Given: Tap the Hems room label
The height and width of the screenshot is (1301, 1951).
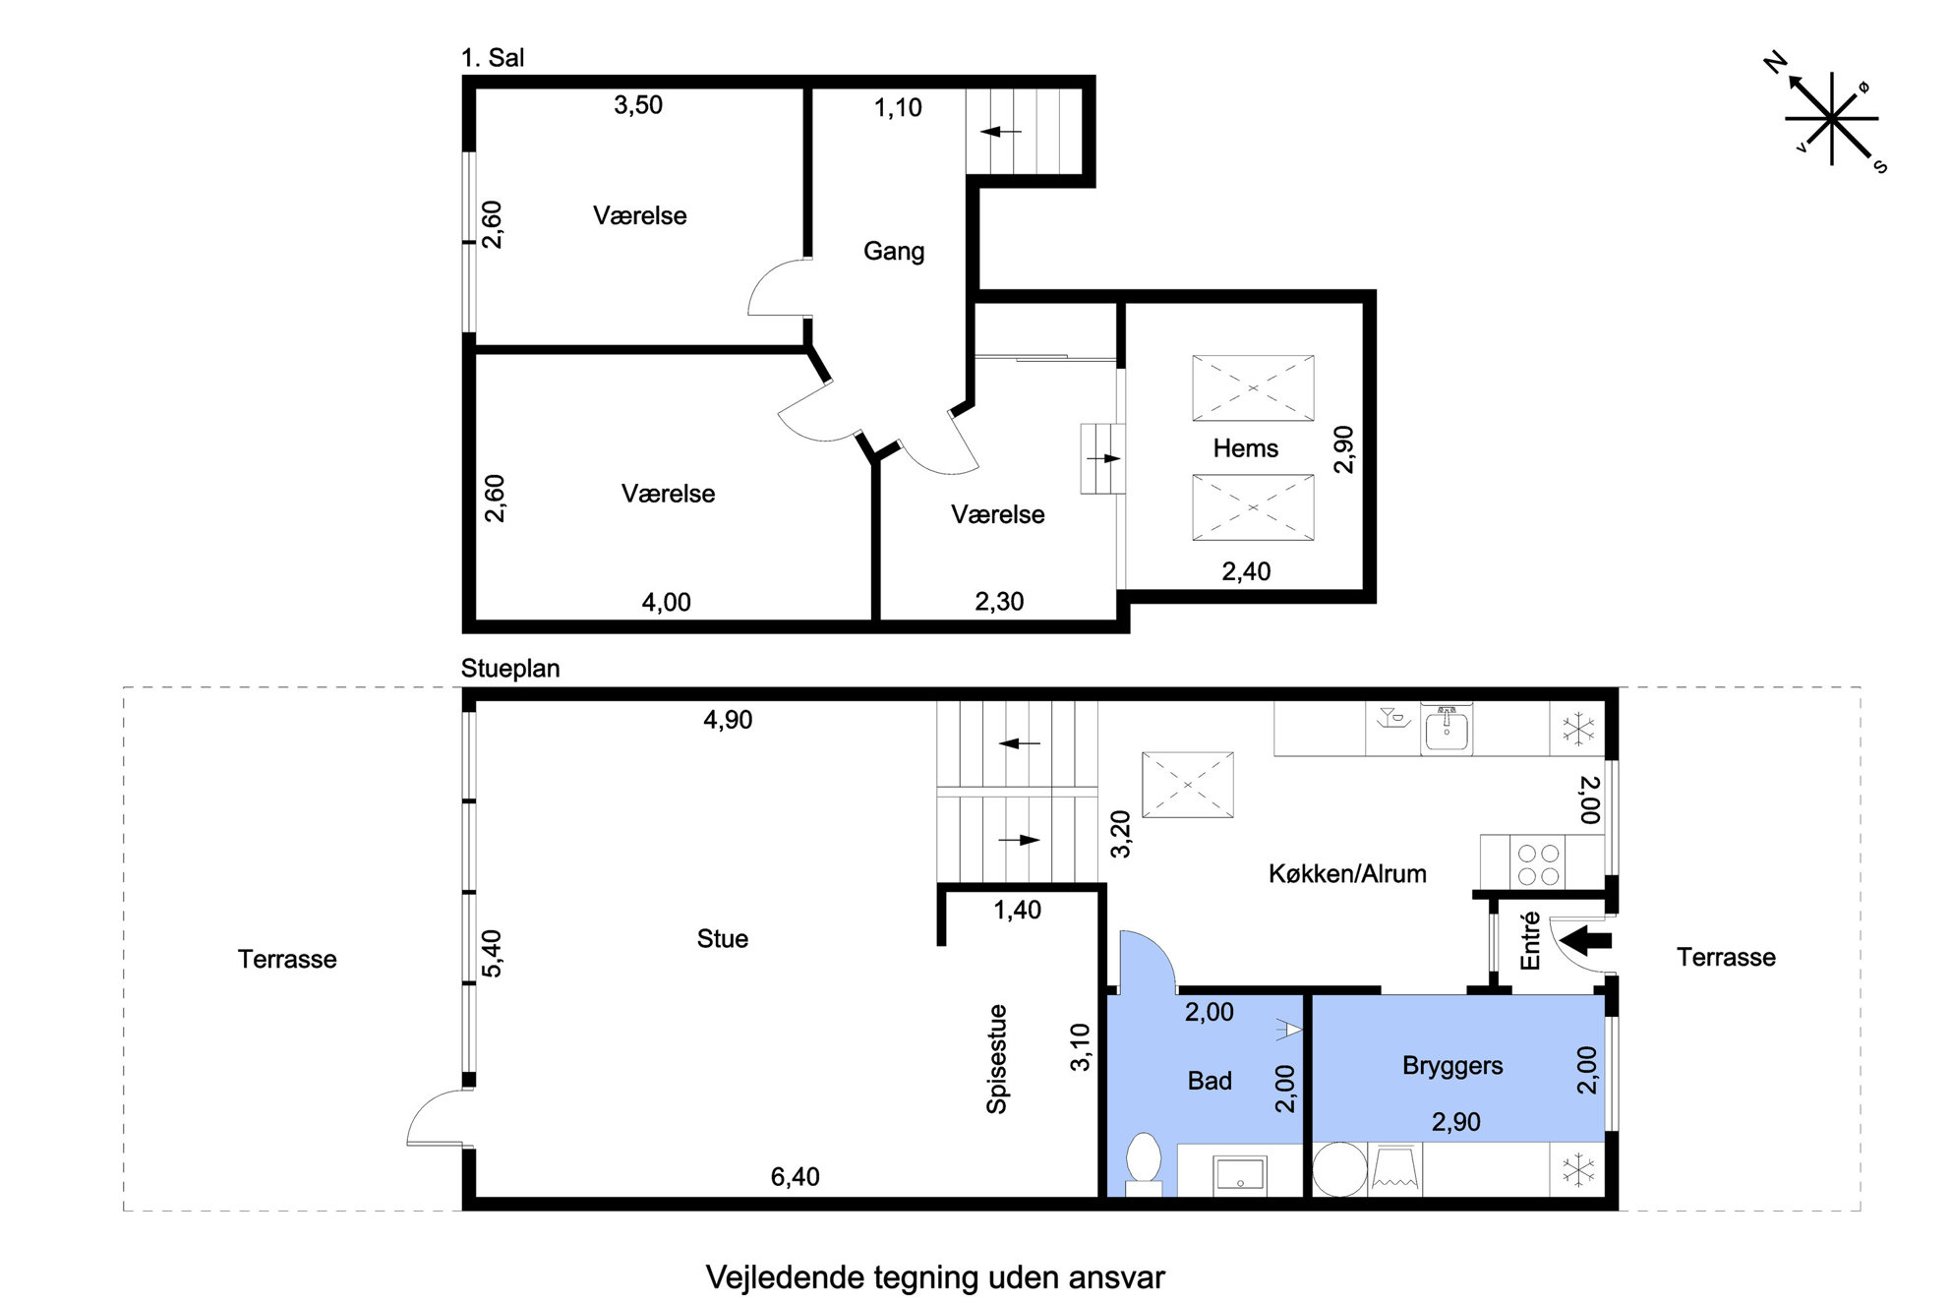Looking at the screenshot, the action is click(x=1245, y=448).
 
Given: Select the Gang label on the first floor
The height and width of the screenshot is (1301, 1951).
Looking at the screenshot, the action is click(x=894, y=252).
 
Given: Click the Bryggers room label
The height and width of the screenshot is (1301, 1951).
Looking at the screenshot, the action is click(x=1452, y=1066).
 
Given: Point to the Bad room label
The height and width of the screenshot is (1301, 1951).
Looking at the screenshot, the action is click(x=1210, y=1081).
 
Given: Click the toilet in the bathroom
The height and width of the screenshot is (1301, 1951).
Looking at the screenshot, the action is click(x=1144, y=1164).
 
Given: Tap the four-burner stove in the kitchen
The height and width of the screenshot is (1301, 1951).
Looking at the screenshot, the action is click(x=1538, y=864).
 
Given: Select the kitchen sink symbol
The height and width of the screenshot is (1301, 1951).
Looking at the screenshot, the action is click(x=1447, y=730).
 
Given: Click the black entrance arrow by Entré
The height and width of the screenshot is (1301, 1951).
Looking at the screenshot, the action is click(x=1586, y=939).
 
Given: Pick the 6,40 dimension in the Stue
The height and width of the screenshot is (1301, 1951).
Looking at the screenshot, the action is click(x=795, y=1176).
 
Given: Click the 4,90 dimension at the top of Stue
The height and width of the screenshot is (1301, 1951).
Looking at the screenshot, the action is click(x=728, y=720).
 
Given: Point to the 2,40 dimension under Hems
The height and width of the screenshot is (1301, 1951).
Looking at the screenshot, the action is click(x=1246, y=571).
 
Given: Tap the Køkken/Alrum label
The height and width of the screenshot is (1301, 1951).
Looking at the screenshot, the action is click(x=1347, y=873).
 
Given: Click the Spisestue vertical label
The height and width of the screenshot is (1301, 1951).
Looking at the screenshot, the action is click(x=997, y=1059).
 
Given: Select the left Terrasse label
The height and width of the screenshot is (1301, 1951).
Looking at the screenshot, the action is click(x=287, y=959).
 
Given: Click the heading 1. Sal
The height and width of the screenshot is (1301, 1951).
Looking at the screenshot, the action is click(x=493, y=58).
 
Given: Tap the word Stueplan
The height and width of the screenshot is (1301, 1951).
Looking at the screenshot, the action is click(x=510, y=669).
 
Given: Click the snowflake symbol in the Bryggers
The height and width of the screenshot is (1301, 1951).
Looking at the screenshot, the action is click(x=1577, y=1170).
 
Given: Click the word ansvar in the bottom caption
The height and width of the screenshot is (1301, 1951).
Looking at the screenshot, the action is click(x=1118, y=1277).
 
